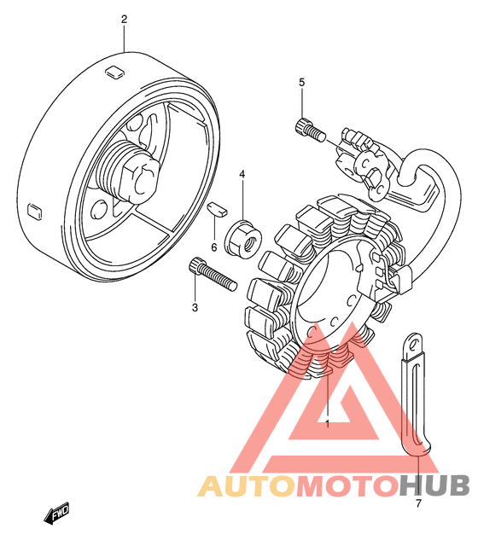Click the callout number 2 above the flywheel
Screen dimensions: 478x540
click(x=124, y=19)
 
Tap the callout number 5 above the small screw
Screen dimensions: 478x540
click(x=301, y=82)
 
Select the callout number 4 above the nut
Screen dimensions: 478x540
click(x=242, y=175)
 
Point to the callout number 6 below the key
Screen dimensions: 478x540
click(x=214, y=247)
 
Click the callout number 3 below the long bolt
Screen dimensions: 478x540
click(x=195, y=308)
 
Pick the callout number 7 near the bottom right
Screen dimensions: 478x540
click(x=418, y=504)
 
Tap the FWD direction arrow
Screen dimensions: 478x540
click(x=56, y=513)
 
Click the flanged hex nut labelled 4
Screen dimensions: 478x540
click(x=242, y=238)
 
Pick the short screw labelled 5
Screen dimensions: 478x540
click(x=310, y=130)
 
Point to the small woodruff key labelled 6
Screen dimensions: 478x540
click(x=217, y=209)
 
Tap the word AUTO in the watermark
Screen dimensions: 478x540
click(x=247, y=485)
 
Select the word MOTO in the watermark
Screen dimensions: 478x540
click(x=347, y=485)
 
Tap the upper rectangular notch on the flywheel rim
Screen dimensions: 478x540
click(x=114, y=73)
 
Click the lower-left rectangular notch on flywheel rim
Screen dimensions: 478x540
click(x=35, y=211)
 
